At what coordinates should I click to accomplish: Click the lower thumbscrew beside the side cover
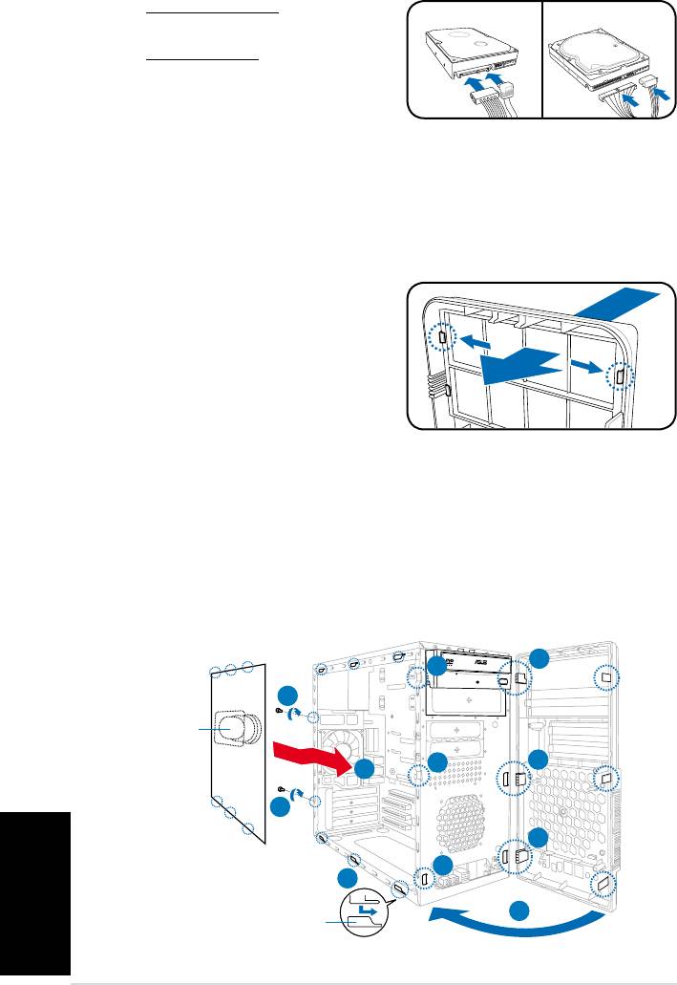click(282, 789)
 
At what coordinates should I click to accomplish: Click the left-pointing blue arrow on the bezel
click(474, 341)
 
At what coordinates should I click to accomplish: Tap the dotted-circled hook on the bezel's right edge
click(619, 377)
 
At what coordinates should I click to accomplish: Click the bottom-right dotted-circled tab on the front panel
click(603, 884)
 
